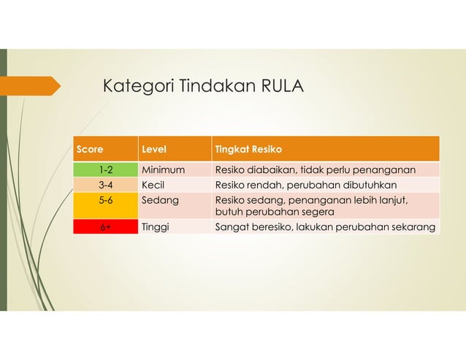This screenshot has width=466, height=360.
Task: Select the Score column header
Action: [90, 150]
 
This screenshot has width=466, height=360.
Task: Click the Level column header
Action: [153, 150]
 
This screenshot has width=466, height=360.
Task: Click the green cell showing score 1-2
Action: [105, 170]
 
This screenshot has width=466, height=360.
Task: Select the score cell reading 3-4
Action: [105, 185]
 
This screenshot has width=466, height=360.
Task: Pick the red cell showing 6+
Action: [105, 227]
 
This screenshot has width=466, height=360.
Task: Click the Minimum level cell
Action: [163, 170]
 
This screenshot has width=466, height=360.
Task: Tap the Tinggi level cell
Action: [155, 227]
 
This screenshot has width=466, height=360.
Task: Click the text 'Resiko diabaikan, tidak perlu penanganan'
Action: [315, 170]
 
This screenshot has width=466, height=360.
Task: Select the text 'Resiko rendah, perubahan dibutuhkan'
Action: [305, 185]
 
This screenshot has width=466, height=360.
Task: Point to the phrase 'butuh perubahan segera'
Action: [274, 212]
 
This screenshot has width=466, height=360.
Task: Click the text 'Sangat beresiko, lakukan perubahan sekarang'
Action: [325, 227]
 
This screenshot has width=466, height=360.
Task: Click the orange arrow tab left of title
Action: [33, 85]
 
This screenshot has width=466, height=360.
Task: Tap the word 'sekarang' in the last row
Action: [414, 227]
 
